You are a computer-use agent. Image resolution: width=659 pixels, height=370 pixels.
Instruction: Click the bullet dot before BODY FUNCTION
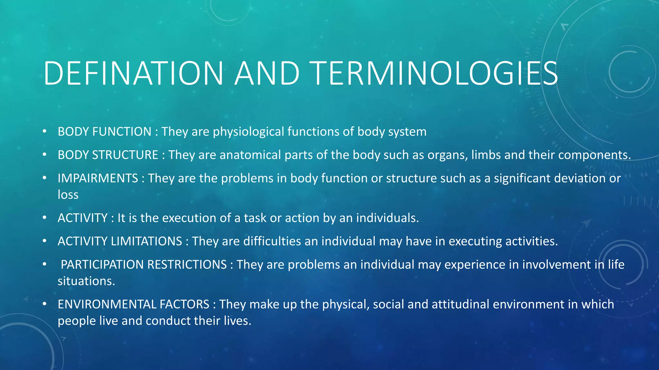(44, 132)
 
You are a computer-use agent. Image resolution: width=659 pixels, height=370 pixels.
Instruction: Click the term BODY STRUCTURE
(108, 155)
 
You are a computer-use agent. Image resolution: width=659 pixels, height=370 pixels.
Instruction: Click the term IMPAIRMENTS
(98, 178)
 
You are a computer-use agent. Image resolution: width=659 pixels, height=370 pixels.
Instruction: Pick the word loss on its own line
(68, 195)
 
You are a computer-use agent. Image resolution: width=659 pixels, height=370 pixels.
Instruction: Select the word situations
(86, 281)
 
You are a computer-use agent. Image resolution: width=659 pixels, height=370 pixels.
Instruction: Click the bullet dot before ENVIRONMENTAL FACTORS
(44, 304)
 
